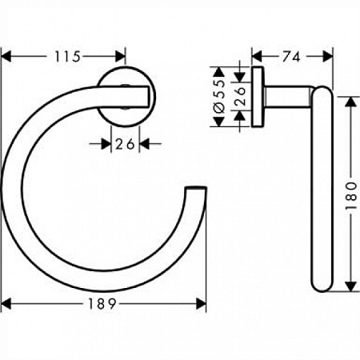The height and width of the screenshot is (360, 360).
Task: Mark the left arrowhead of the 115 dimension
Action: [8, 56]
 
